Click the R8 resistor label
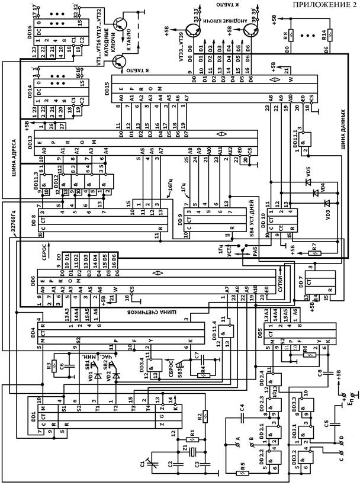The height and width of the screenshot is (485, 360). point(287,36)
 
